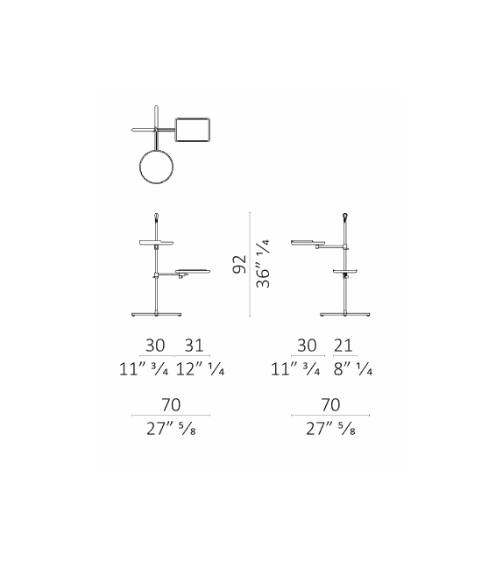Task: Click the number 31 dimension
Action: tap(195, 346)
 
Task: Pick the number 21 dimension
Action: tap(343, 346)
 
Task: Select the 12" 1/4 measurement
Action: tap(201, 370)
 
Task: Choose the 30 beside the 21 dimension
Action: tap(307, 346)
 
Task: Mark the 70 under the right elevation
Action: tap(331, 406)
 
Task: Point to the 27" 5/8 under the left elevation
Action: tap(170, 430)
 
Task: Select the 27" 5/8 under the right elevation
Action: tap(331, 430)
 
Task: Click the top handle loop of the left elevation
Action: tap(157, 214)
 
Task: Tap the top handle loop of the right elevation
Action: tap(346, 214)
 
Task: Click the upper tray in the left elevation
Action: tap(156, 239)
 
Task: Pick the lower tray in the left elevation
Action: tap(192, 271)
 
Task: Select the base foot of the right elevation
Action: tap(346, 312)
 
